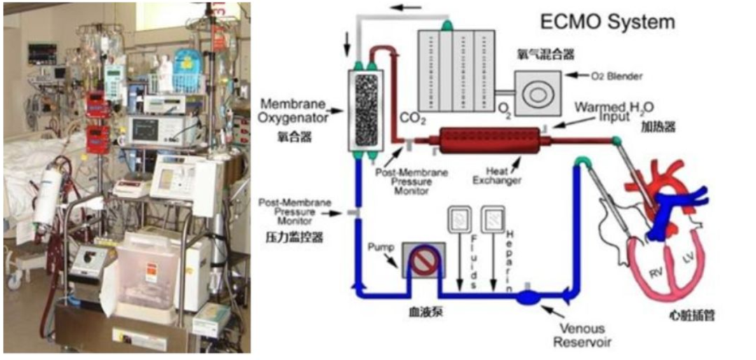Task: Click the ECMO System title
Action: (607, 22)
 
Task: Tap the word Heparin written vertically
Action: (510, 260)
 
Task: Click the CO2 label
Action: (412, 120)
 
